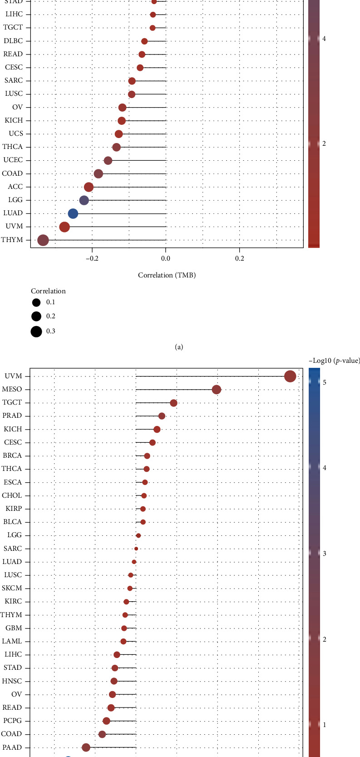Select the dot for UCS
coord(118,134)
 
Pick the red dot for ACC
coord(89,187)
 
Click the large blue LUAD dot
coord(73,213)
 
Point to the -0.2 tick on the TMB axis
coord(92,258)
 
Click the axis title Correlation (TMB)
coord(167,275)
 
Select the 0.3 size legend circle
coord(36,331)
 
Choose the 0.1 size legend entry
coord(36,302)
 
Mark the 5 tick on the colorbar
coord(324,382)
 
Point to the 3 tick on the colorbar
coord(324,554)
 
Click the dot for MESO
coord(217,390)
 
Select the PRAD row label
coord(12,416)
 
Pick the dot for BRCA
coord(147,456)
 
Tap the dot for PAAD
coord(86,747)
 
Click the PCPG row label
coord(12,721)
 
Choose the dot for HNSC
coord(114,681)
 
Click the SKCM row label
coord(12,589)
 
